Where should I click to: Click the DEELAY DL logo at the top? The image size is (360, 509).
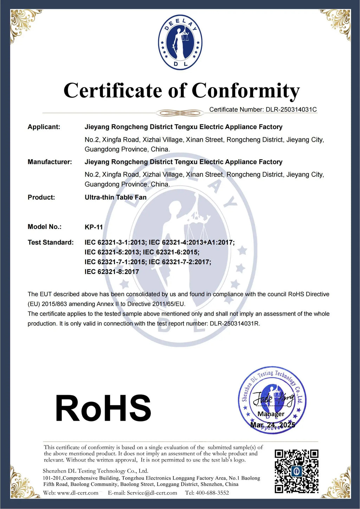[180, 42]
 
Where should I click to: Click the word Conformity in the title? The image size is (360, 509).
[245, 91]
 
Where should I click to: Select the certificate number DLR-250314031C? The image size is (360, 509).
[291, 109]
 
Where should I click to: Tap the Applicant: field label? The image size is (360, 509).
[44, 127]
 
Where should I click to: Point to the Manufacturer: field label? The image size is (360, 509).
[50, 162]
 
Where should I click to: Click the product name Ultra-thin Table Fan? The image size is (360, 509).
[115, 197]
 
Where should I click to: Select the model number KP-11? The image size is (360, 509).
[94, 227]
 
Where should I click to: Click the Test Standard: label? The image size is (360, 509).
[51, 242]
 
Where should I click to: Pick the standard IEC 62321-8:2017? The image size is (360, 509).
[112, 272]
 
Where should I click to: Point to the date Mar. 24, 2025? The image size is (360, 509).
[273, 425]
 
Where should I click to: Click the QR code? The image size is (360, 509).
[296, 471]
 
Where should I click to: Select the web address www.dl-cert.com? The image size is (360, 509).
[78, 493]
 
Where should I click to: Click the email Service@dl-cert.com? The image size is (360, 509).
[152, 493]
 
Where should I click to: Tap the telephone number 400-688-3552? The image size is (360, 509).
[213, 493]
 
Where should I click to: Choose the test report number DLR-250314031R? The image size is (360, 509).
[234, 323]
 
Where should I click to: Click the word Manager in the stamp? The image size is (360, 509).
[271, 414]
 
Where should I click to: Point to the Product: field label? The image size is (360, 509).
[41, 197]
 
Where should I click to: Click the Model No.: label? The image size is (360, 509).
[44, 227]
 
